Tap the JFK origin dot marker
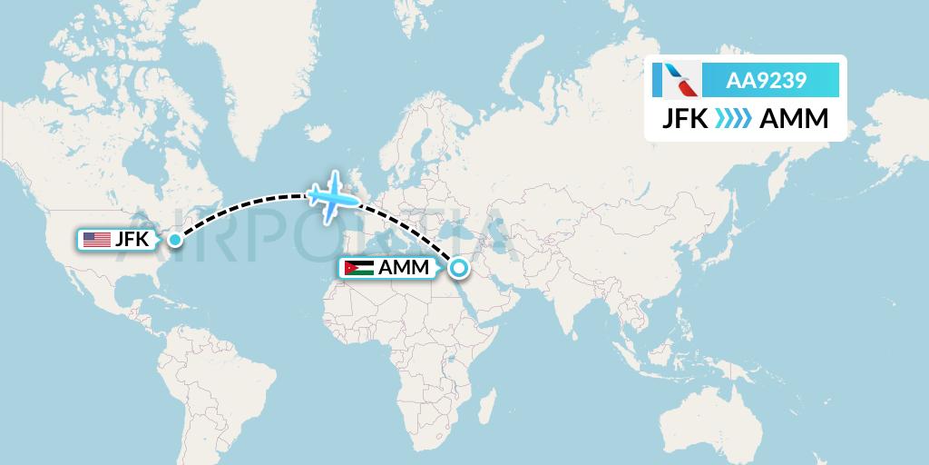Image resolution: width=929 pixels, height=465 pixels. click(x=174, y=240)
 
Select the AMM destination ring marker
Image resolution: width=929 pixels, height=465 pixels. click(x=458, y=268)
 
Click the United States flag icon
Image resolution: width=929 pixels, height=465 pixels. click(x=96, y=240)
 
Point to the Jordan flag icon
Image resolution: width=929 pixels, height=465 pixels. click(x=358, y=269)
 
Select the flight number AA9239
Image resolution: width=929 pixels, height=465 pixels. click(x=767, y=81)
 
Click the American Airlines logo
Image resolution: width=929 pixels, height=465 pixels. click(x=675, y=81)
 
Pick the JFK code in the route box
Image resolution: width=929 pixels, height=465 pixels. click(x=688, y=118)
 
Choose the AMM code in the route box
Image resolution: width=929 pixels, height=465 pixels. click(x=793, y=118)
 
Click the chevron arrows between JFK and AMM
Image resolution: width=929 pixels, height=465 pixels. click(x=736, y=118)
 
